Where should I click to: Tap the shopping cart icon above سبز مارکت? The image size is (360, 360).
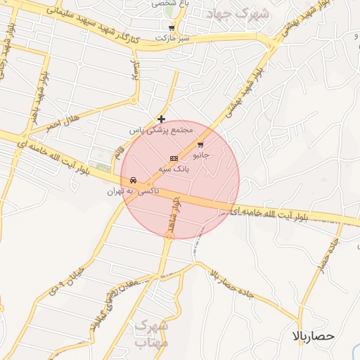tap(172, 28)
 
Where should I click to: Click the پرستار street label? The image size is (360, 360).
tap(136, 76)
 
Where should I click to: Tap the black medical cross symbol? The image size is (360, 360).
tap(162, 120)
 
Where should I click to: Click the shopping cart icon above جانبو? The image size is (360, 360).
tap(200, 145)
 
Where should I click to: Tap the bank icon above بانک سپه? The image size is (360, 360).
tap(174, 158)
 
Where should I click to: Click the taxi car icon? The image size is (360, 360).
tap(134, 181)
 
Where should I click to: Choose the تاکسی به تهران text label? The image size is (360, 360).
tap(133, 191)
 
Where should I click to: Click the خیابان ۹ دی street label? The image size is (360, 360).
tap(67, 282)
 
